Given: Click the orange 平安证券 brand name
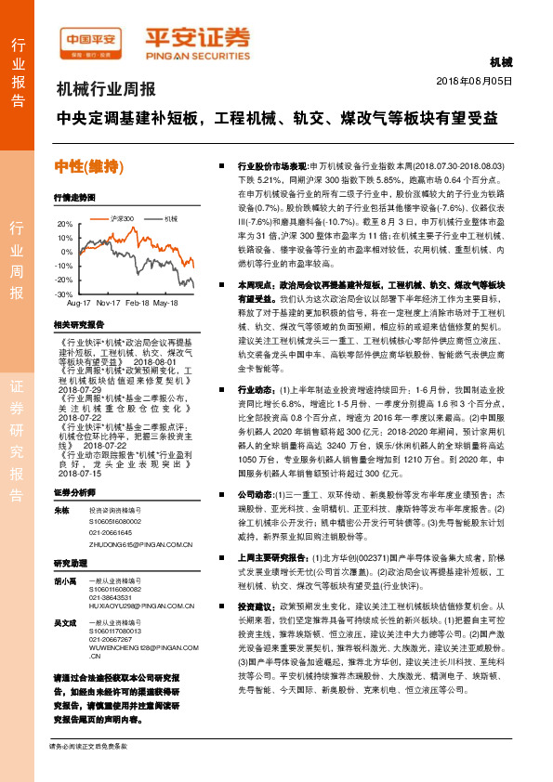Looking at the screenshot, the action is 197,38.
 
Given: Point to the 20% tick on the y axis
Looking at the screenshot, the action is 63,224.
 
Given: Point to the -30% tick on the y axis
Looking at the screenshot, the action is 63,293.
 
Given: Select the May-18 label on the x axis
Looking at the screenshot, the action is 165,304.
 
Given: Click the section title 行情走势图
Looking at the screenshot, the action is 74,198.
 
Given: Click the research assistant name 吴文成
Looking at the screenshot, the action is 64,621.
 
